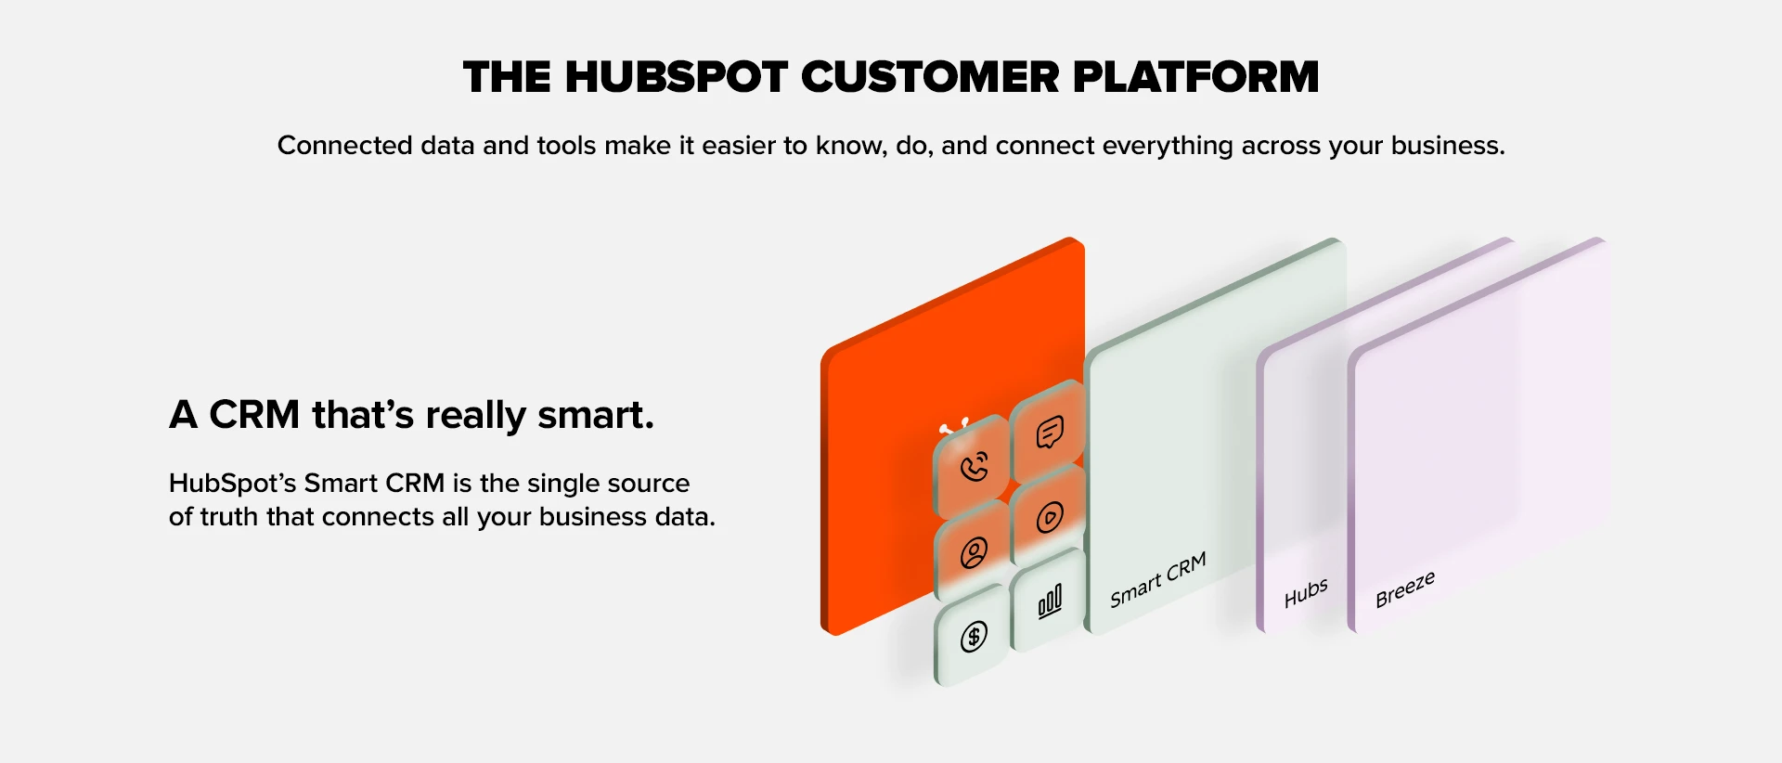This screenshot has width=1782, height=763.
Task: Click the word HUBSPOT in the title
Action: pos(677,77)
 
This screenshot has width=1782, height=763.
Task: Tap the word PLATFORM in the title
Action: pos(1195,77)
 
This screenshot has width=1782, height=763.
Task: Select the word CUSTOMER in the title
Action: pos(930,77)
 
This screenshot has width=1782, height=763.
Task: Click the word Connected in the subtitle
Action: pos(344,146)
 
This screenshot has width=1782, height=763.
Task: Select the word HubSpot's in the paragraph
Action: pos(232,484)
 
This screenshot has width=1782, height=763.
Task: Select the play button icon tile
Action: pos(1049,517)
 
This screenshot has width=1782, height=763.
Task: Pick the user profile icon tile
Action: pos(973,552)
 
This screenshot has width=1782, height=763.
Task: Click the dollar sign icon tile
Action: pos(973,637)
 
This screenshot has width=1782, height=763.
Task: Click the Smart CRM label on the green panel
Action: pos(1158,579)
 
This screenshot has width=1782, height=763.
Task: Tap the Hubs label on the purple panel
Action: pos(1306,592)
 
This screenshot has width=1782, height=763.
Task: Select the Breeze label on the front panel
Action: pos(1405,589)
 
